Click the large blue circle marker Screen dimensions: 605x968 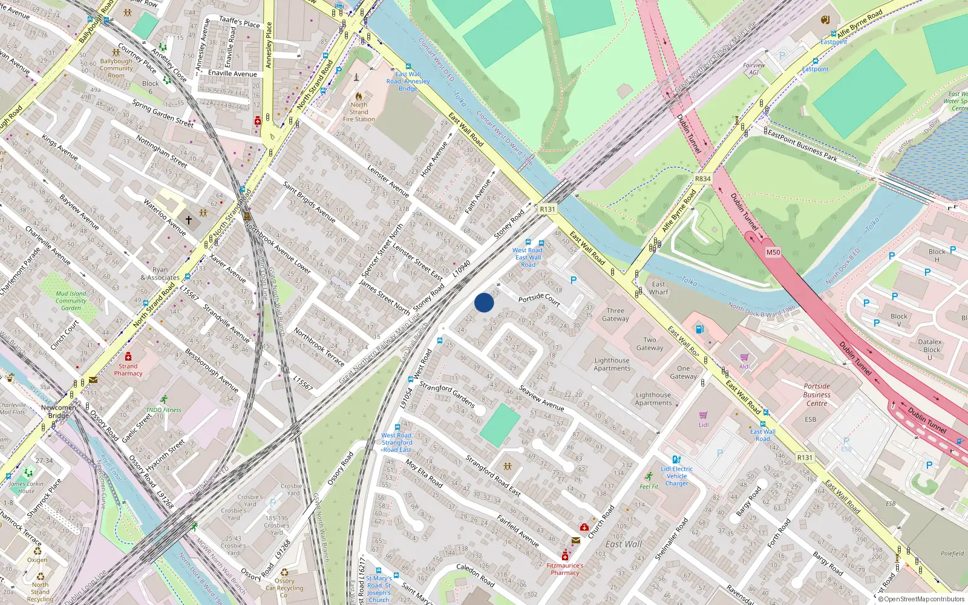click(x=484, y=302)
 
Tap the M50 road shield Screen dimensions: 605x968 click(x=773, y=252)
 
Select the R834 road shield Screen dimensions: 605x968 click(x=702, y=179)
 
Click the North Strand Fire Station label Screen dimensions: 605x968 click(x=359, y=112)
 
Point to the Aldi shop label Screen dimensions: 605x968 click(x=744, y=366)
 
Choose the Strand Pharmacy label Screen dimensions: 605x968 click(x=128, y=370)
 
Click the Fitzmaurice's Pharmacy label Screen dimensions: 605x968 click(x=565, y=569)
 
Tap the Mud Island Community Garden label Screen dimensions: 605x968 click(x=71, y=301)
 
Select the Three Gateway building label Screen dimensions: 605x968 click(x=615, y=315)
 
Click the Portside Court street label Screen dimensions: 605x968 click(x=539, y=298)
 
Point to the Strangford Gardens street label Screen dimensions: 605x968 click(x=447, y=394)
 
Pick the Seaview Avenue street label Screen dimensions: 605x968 click(x=541, y=399)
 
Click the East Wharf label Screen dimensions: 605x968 click(x=659, y=288)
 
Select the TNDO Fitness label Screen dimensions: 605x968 click(x=163, y=410)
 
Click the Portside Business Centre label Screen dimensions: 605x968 click(x=817, y=394)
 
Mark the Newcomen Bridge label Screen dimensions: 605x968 click(x=58, y=411)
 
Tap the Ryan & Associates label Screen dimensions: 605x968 click(x=160, y=274)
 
